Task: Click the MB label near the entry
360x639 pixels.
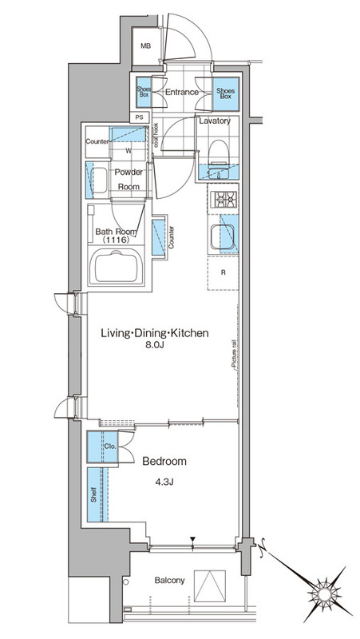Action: click(146, 46)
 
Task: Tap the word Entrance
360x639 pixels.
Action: click(182, 92)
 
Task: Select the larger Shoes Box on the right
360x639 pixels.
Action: click(226, 93)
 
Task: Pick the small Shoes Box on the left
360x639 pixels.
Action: click(143, 92)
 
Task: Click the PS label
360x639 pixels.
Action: click(139, 117)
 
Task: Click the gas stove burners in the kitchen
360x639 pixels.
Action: click(225, 200)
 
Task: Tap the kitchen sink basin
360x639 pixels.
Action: click(222, 237)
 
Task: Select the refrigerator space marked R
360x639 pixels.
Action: click(223, 272)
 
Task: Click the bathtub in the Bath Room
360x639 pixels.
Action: click(116, 268)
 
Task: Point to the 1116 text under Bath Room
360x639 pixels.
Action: click(115, 240)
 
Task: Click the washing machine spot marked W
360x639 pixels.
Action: click(129, 151)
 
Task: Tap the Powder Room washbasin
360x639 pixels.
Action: click(97, 181)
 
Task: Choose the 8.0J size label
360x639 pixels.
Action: click(155, 346)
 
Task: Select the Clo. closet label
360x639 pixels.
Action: click(110, 447)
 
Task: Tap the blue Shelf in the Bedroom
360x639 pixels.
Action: click(97, 494)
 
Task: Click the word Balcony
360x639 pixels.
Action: click(170, 580)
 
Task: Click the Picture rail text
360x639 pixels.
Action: click(235, 354)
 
